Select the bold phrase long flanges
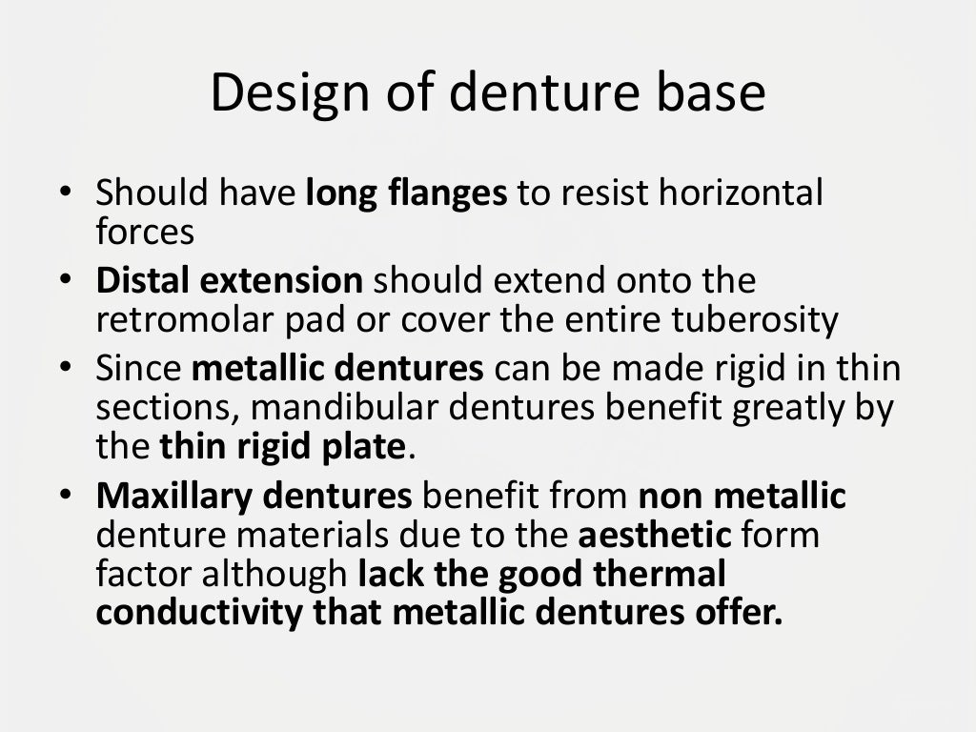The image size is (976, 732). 407,194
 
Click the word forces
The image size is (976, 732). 145,231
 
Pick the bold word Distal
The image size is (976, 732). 142,282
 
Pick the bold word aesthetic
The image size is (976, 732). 655,534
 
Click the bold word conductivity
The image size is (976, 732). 198,610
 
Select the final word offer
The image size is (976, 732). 744,610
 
